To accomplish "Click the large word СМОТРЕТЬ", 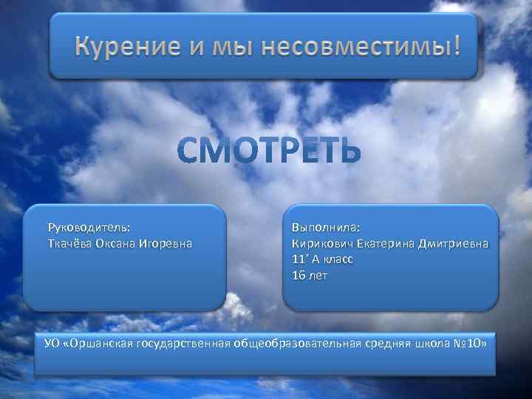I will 270,151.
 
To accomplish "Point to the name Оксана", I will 114,244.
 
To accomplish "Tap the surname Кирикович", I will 322,244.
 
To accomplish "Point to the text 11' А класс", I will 323,259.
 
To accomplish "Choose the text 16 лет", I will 310,275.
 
